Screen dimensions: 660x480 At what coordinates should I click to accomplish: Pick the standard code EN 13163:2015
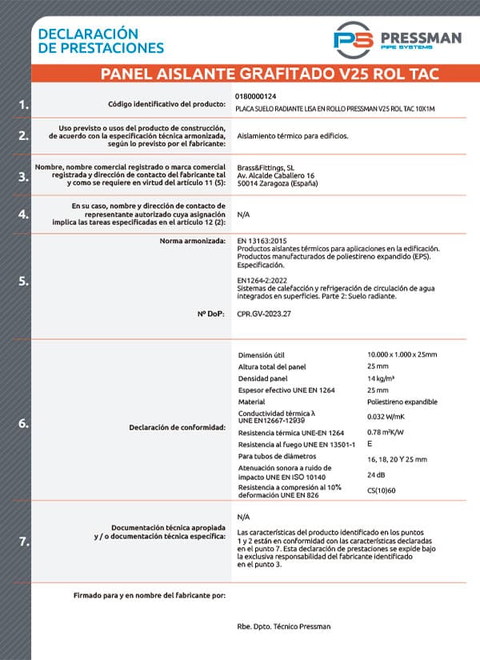(262, 240)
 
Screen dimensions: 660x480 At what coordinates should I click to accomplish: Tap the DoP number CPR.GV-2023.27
(265, 314)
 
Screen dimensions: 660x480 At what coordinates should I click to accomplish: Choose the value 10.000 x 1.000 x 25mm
(402, 354)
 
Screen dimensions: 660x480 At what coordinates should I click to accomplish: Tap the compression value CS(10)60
(383, 490)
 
